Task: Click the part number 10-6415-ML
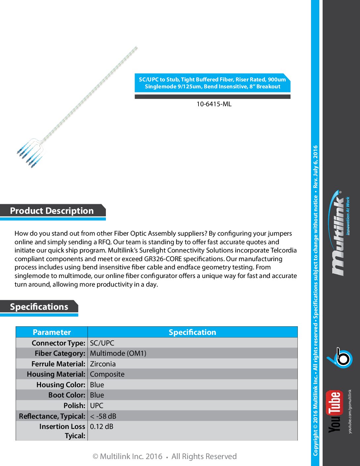click(x=214, y=104)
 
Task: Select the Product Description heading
click(x=52, y=211)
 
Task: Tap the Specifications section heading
click(x=39, y=307)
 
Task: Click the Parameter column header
click(x=52, y=332)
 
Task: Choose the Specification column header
click(x=192, y=332)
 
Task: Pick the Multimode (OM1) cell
click(x=118, y=353)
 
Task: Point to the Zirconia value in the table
click(x=103, y=364)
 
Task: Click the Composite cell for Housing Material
click(x=107, y=374)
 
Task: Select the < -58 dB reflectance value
click(x=103, y=416)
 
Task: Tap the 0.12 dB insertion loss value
click(x=102, y=427)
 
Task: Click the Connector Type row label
click(x=59, y=343)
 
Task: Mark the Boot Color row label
click(x=67, y=395)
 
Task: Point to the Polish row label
click(x=74, y=406)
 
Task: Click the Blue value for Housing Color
click(x=97, y=385)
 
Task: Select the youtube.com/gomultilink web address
click(x=350, y=411)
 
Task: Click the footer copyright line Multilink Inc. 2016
click(x=164, y=456)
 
